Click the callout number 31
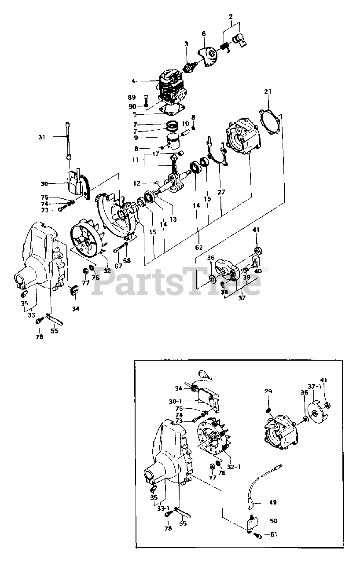41,137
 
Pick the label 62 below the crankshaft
199,247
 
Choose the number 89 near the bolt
132,97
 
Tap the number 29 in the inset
268,391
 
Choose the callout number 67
118,266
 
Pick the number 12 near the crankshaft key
137,183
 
